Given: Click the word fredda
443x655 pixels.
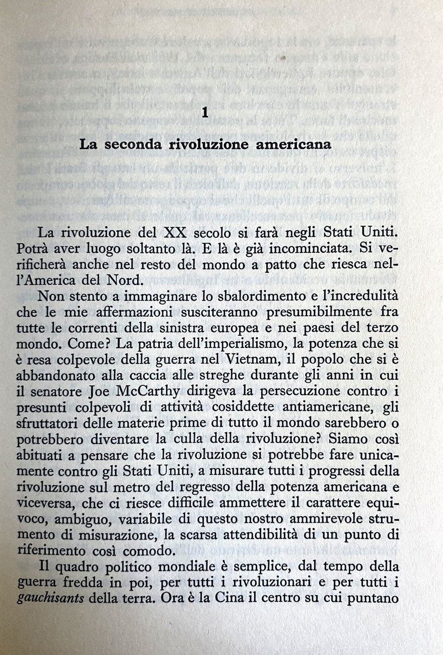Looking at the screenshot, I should coord(99,581).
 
